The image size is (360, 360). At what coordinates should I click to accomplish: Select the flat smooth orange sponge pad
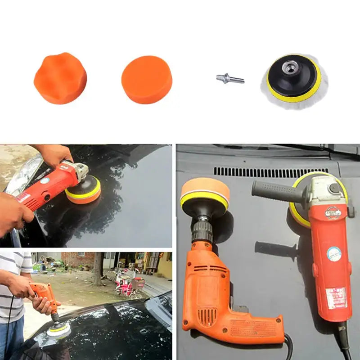click(147, 80)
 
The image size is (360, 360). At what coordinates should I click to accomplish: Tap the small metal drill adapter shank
click(229, 79)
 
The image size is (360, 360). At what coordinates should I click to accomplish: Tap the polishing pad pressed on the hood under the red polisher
click(83, 191)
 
